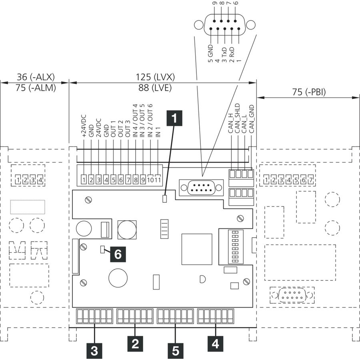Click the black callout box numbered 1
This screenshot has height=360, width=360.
[x=174, y=118]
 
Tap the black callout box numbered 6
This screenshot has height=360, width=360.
[x=118, y=254]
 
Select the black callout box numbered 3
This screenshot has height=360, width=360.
[x=94, y=351]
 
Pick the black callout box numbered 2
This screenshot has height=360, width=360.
[x=135, y=344]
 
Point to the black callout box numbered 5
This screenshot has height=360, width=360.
[x=176, y=351]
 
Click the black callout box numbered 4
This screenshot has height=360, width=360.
[x=215, y=344]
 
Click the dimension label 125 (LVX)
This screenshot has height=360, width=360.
[x=155, y=77]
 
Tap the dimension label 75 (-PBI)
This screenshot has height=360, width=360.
[x=309, y=92]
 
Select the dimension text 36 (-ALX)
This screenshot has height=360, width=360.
[x=36, y=77]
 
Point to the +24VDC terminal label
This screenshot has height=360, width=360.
[x=84, y=126]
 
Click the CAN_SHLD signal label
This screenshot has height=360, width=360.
[x=238, y=118]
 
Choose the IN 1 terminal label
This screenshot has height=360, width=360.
[x=158, y=132]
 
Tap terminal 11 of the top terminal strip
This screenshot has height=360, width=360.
[x=158, y=180]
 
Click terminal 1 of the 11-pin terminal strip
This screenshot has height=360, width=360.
[x=84, y=180]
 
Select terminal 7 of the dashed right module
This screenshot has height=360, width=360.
[x=311, y=180]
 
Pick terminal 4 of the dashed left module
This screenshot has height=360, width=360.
[x=40, y=180]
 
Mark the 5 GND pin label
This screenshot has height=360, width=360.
[x=210, y=54]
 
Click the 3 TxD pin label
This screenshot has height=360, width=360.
[x=224, y=55]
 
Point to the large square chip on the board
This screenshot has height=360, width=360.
[x=197, y=249]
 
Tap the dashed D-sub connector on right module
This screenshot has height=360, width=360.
[x=292, y=295]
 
